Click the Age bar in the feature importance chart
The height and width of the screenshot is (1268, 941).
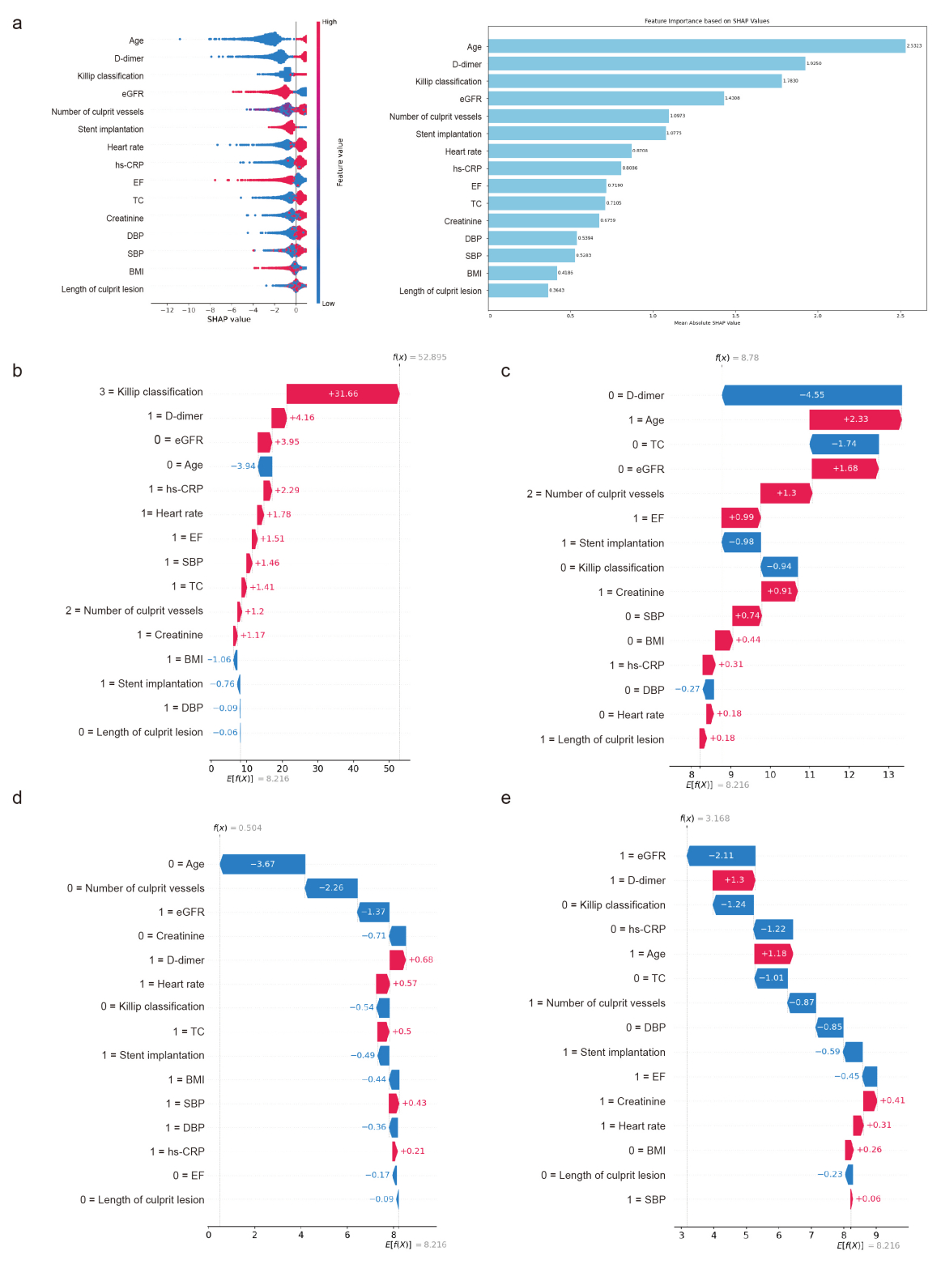(696, 46)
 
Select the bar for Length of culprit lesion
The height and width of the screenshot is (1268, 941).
(518, 291)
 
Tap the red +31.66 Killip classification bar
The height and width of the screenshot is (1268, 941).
(343, 394)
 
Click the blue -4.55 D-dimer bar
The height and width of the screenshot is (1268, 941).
(811, 395)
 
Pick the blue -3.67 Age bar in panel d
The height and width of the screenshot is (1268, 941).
(262, 864)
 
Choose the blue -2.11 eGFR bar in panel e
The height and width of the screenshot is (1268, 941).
(721, 856)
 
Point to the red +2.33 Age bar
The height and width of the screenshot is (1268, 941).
(855, 419)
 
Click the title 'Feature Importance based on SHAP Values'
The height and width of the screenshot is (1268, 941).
(706, 21)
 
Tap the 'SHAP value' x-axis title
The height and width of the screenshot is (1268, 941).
(229, 319)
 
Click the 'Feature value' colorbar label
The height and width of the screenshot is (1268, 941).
(340, 162)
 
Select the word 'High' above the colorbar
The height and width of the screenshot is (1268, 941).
(330, 22)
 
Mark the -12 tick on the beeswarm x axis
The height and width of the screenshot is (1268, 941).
(167, 310)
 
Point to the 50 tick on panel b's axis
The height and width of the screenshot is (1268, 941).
(389, 768)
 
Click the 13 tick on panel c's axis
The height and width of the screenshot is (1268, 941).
(888, 775)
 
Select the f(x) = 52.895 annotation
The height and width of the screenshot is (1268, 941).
(419, 357)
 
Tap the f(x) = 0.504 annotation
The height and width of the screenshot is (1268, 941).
(237, 828)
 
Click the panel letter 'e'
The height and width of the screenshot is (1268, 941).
(505, 798)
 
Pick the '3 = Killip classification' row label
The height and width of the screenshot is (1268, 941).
(151, 392)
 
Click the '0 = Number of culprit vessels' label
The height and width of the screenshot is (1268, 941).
(136, 888)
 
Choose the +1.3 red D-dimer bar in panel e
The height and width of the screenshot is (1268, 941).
(734, 880)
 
